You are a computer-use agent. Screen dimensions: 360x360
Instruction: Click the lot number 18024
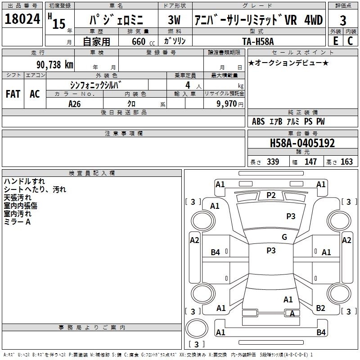point(22,19)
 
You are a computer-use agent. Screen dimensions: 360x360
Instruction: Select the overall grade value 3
point(343,21)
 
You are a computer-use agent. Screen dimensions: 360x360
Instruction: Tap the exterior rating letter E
point(335,41)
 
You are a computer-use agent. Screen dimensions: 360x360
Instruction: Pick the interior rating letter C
point(350,41)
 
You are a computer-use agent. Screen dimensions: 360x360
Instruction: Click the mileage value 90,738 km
point(55,65)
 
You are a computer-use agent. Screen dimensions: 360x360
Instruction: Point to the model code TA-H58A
point(258,41)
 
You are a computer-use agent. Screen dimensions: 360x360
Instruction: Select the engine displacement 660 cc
point(143,41)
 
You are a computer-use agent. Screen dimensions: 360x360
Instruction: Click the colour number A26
point(74,104)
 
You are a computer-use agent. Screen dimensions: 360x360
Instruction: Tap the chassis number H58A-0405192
point(302,143)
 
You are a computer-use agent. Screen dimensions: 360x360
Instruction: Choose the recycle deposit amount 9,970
point(227,103)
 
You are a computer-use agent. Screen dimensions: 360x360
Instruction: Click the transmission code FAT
point(13,94)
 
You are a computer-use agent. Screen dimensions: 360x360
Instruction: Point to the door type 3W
point(174,20)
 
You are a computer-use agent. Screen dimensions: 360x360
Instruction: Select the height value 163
point(346,162)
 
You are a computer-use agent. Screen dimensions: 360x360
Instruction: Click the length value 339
point(273,162)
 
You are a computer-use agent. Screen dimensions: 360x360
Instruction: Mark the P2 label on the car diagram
point(271,195)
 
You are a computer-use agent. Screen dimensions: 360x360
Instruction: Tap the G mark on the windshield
point(284,237)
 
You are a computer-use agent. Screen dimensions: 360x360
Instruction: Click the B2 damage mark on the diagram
point(320,308)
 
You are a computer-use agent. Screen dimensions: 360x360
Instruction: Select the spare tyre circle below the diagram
point(197,328)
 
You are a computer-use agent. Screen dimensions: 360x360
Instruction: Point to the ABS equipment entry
point(258,121)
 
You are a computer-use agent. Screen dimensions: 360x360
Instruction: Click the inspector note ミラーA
point(17,222)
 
